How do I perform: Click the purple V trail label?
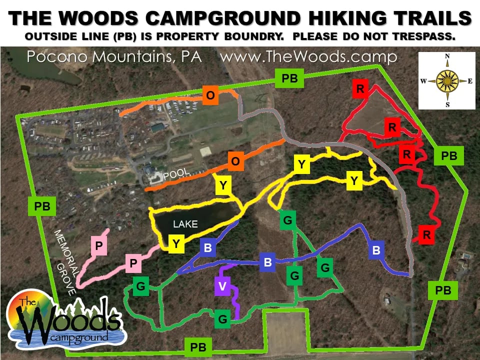coord(222,286)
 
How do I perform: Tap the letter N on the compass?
coord(447,56)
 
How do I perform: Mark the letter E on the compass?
coord(470,81)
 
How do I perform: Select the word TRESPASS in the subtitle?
coord(427,37)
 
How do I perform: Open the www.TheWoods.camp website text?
coord(308,57)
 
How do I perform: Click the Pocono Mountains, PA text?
coord(114,57)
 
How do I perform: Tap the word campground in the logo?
coord(80,338)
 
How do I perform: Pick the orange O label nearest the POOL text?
coord(235,161)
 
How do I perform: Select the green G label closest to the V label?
coord(222,318)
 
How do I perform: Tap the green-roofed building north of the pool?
coord(157,128)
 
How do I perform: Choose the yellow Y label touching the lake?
coord(176,243)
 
